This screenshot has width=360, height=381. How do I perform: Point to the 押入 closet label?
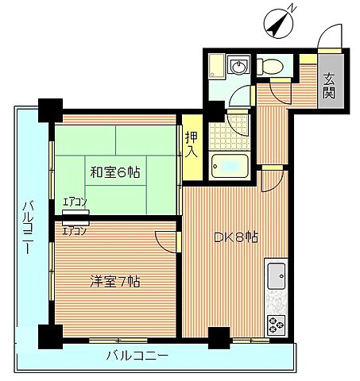click(192, 144)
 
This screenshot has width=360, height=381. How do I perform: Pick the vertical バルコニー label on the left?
click(26, 225)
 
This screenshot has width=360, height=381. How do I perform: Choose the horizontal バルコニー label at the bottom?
click(137, 356)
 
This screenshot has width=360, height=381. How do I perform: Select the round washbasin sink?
click(238, 65)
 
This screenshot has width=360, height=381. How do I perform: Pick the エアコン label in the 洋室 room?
click(75, 232)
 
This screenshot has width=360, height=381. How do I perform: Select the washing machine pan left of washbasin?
click(216, 67)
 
